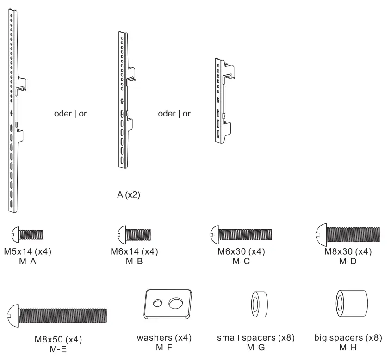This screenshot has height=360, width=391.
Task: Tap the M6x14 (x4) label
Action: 135,252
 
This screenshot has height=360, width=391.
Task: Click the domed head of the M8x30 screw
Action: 321,234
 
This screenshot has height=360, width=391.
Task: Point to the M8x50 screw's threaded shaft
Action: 62,316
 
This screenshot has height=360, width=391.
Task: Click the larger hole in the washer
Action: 176,303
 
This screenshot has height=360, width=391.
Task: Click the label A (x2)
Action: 128,195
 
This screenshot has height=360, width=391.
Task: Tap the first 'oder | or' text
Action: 70,114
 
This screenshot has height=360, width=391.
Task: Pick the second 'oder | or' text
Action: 174,114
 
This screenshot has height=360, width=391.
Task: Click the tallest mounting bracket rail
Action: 13,111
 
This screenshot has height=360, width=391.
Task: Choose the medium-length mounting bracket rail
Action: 123,99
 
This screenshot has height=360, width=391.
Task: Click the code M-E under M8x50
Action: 58,349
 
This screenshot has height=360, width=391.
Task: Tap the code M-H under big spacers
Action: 348,347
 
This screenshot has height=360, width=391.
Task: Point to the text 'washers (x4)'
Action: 164,338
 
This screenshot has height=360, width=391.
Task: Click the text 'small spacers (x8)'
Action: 256,338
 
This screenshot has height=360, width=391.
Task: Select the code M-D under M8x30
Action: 348,261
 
